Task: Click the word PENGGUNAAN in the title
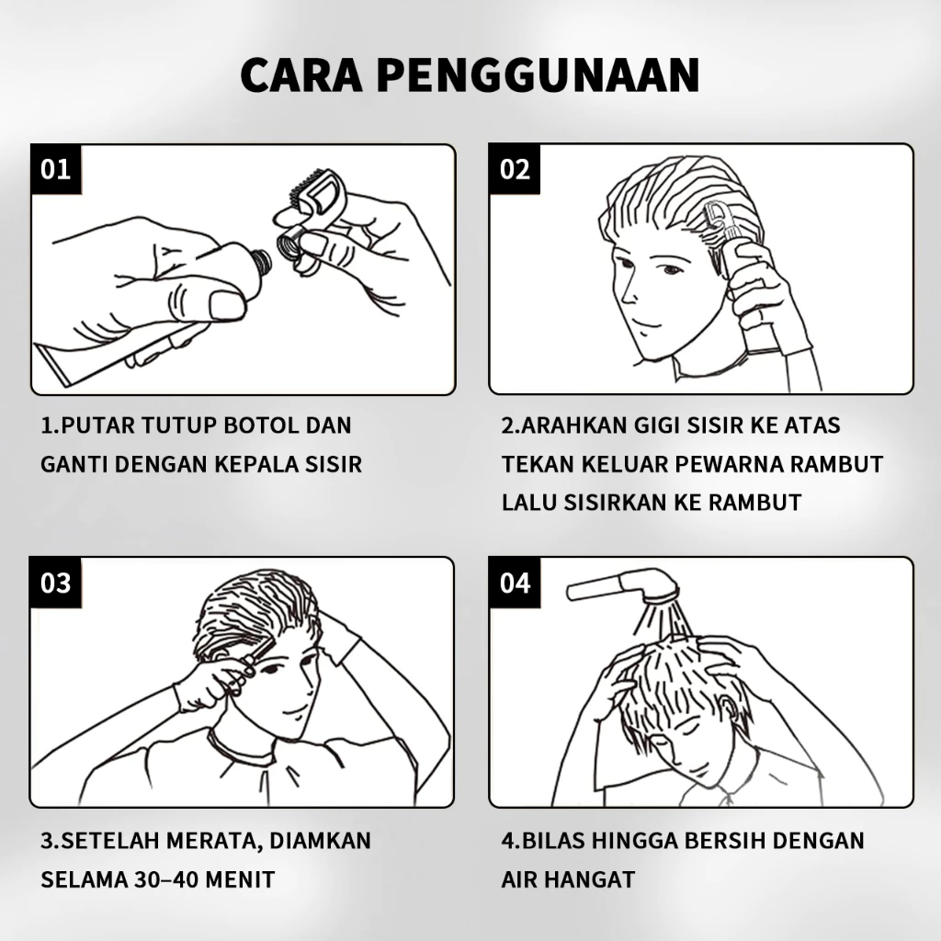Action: point(538,75)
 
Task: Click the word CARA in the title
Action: point(301,75)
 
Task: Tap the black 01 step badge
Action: point(56,169)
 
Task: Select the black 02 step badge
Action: point(515,169)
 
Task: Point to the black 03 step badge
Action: point(55,583)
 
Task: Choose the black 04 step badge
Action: point(515,583)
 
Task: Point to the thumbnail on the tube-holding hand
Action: point(227,305)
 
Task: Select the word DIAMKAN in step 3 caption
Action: point(320,840)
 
